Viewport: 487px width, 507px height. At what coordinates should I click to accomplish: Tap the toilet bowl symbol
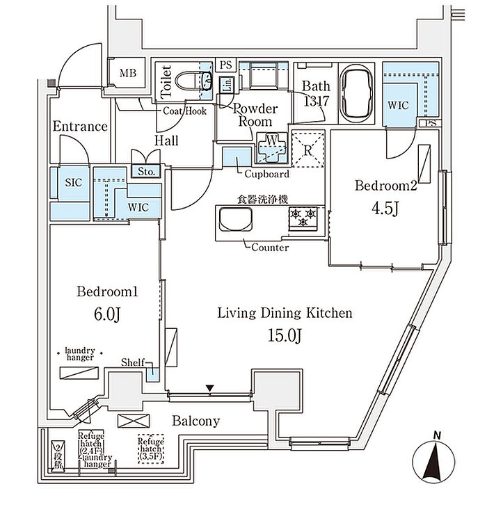pos(195,81)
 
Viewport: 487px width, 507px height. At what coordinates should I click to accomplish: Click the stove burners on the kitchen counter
pos(303,218)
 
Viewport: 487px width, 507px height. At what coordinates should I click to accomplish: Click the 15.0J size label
pos(285,335)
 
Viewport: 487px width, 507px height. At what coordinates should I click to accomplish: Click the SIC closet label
pos(73,182)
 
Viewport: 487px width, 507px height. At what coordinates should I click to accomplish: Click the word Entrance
pos(80,127)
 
